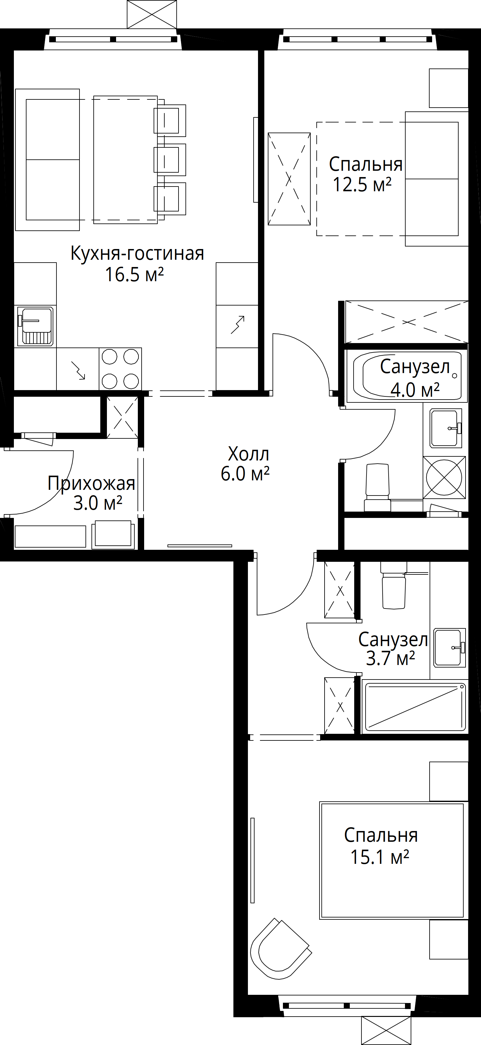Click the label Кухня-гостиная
137,253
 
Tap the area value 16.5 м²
134,275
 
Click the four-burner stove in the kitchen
120,369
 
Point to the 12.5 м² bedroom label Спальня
366,165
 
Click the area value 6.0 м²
245,473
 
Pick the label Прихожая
91,484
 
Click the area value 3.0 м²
98,503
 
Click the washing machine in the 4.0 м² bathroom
444,478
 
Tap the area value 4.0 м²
415,390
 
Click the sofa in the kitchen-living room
47,160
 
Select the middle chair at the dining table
169,160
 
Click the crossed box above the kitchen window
152,14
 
